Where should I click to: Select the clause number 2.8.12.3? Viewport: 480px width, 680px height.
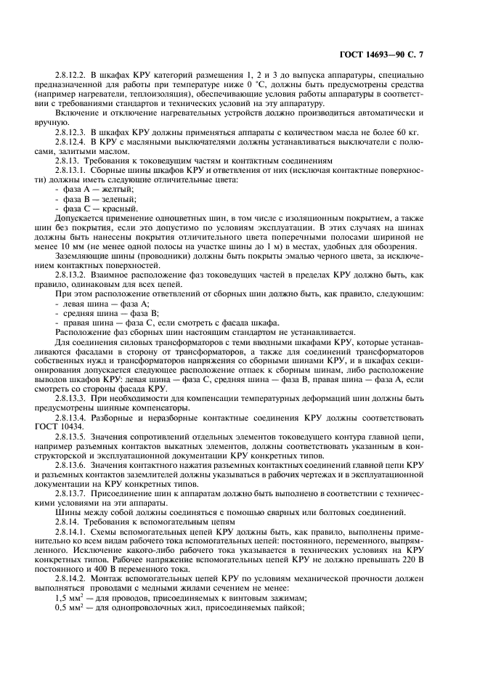tap(71, 133)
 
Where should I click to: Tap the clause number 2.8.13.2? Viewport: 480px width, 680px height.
tap(71, 284)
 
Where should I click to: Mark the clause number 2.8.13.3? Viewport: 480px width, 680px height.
tap(71, 398)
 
